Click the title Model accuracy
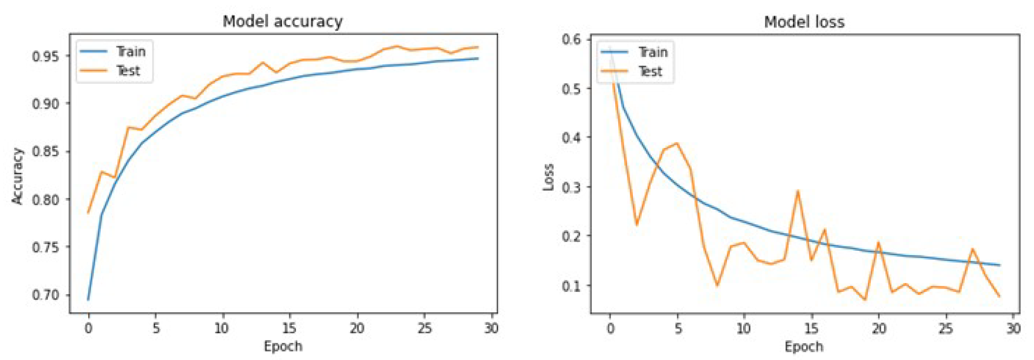click(283, 21)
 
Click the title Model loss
click(804, 22)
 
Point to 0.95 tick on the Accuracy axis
click(45, 56)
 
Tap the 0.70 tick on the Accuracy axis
click(45, 295)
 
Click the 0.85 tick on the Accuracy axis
click(45, 151)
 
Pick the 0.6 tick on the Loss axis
click(572, 39)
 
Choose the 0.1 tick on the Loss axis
click(572, 285)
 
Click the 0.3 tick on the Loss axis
click(572, 187)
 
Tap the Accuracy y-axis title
click(17, 176)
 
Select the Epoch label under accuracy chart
click(283, 346)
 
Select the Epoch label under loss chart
click(804, 346)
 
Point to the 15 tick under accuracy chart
click(289, 328)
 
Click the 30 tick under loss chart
click(1013, 329)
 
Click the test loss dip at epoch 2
click(637, 225)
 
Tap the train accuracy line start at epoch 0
click(88, 299)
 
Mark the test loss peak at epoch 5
click(677, 143)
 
